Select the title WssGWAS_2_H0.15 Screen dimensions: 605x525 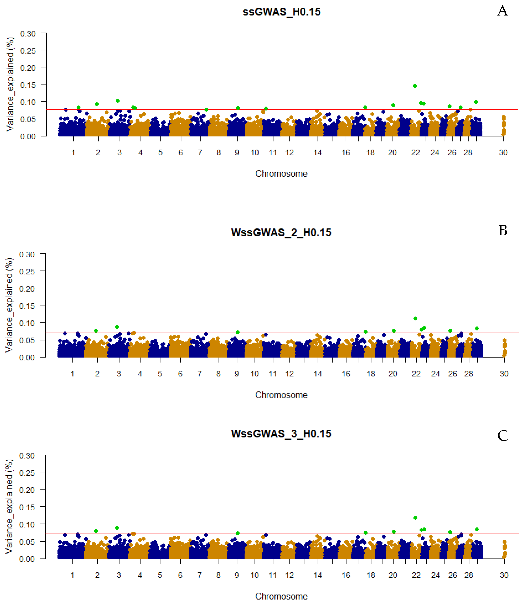pyautogui.click(x=281, y=232)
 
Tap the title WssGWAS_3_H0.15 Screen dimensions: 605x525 pyautogui.click(x=281, y=434)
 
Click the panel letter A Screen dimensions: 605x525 pyautogui.click(x=502, y=11)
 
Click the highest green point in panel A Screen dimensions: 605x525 pyautogui.click(x=415, y=86)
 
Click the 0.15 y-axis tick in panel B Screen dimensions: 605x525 pyautogui.click(x=27, y=306)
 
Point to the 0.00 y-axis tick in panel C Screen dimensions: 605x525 pyautogui.click(x=27, y=559)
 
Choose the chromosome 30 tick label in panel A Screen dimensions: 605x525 pyautogui.click(x=503, y=153)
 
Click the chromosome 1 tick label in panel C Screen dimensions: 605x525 pyautogui.click(x=72, y=575)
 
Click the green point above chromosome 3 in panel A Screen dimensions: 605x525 pyautogui.click(x=118, y=101)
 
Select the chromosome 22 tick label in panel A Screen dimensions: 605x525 pyautogui.click(x=415, y=153)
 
